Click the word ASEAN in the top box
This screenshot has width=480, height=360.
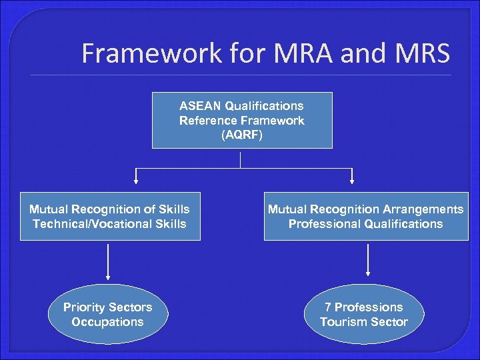[200, 106]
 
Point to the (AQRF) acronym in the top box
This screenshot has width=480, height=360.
[241, 135]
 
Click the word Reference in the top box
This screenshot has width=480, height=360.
[209, 121]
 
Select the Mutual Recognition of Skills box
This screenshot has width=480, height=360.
[110, 216]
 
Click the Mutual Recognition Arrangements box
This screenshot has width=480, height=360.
[365, 216]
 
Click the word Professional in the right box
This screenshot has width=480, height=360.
[323, 224]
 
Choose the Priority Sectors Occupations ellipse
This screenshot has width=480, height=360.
[108, 315]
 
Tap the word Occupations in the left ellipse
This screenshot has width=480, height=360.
[108, 322]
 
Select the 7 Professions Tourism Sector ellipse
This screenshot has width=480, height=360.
[364, 315]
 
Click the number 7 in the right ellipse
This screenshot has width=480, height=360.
[328, 307]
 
